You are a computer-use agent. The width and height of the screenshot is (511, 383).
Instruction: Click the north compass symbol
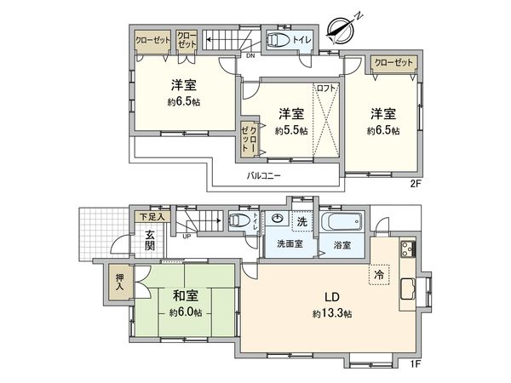[342, 29]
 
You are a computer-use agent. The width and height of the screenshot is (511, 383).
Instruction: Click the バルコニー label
[266, 175]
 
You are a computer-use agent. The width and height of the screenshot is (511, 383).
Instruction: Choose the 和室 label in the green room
[186, 297]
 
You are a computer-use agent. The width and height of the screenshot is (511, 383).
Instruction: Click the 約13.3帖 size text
[331, 313]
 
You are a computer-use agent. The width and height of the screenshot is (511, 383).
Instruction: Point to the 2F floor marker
[416, 181]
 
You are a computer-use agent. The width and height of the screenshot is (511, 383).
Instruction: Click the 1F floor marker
[416, 364]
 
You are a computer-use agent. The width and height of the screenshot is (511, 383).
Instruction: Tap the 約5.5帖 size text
[291, 131]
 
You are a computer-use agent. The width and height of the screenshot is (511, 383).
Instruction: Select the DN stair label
[250, 56]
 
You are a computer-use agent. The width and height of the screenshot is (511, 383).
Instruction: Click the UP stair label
[187, 236]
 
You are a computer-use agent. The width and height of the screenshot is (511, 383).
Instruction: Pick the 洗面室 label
[289, 244]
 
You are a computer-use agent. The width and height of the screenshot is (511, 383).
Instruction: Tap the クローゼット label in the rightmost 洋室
[393, 62]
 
